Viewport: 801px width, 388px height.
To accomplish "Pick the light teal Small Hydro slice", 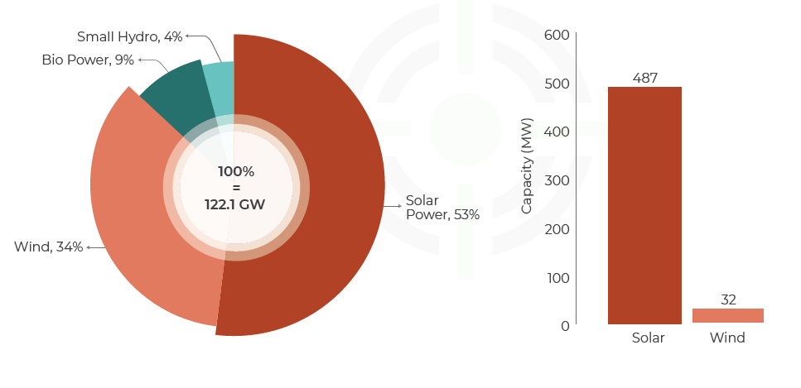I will [220, 87].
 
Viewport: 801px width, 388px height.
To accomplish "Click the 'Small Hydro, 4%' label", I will [130, 36].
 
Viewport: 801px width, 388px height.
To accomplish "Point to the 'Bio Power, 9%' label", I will [88, 60].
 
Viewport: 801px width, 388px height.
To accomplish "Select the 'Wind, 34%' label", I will [49, 247].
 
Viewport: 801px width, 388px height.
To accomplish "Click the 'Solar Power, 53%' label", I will [442, 208].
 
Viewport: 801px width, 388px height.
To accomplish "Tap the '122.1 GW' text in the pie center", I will [235, 204].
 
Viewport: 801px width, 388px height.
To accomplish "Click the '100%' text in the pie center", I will [236, 171].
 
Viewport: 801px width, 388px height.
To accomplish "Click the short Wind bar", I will [727, 315].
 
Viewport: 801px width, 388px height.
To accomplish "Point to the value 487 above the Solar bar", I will [644, 78].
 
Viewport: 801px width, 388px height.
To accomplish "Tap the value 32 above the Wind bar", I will [728, 299].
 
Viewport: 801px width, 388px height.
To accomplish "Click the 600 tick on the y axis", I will [557, 35].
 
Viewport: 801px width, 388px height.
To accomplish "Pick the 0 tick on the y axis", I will [565, 326].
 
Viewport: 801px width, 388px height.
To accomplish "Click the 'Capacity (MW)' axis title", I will [528, 165].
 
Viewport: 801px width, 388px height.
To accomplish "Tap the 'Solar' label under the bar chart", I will [648, 338].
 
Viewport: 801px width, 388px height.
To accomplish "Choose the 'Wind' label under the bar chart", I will [727, 338].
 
